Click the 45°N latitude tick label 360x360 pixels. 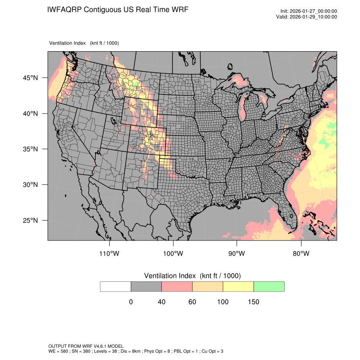pyautogui.click(x=30, y=78)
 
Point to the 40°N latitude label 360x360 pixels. pyautogui.click(x=30, y=114)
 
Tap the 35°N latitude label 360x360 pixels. pyautogui.click(x=30, y=149)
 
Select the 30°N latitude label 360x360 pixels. pyautogui.click(x=30, y=185)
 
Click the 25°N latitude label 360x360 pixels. pyautogui.click(x=30, y=220)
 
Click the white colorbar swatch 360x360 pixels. pyautogui.click(x=116, y=286)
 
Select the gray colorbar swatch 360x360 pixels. pyautogui.click(x=146, y=286)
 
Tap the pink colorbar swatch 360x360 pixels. pyautogui.click(x=177, y=286)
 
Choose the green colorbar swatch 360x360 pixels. pyautogui.click(x=269, y=286)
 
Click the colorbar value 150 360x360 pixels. pyautogui.click(x=253, y=302)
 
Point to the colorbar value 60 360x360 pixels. pyautogui.click(x=192, y=302)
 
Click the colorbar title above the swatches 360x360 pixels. pyautogui.click(x=192, y=276)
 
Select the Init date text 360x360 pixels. pyautogui.click(x=308, y=11)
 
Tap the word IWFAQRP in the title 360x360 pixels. pyautogui.click(x=64, y=10)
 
